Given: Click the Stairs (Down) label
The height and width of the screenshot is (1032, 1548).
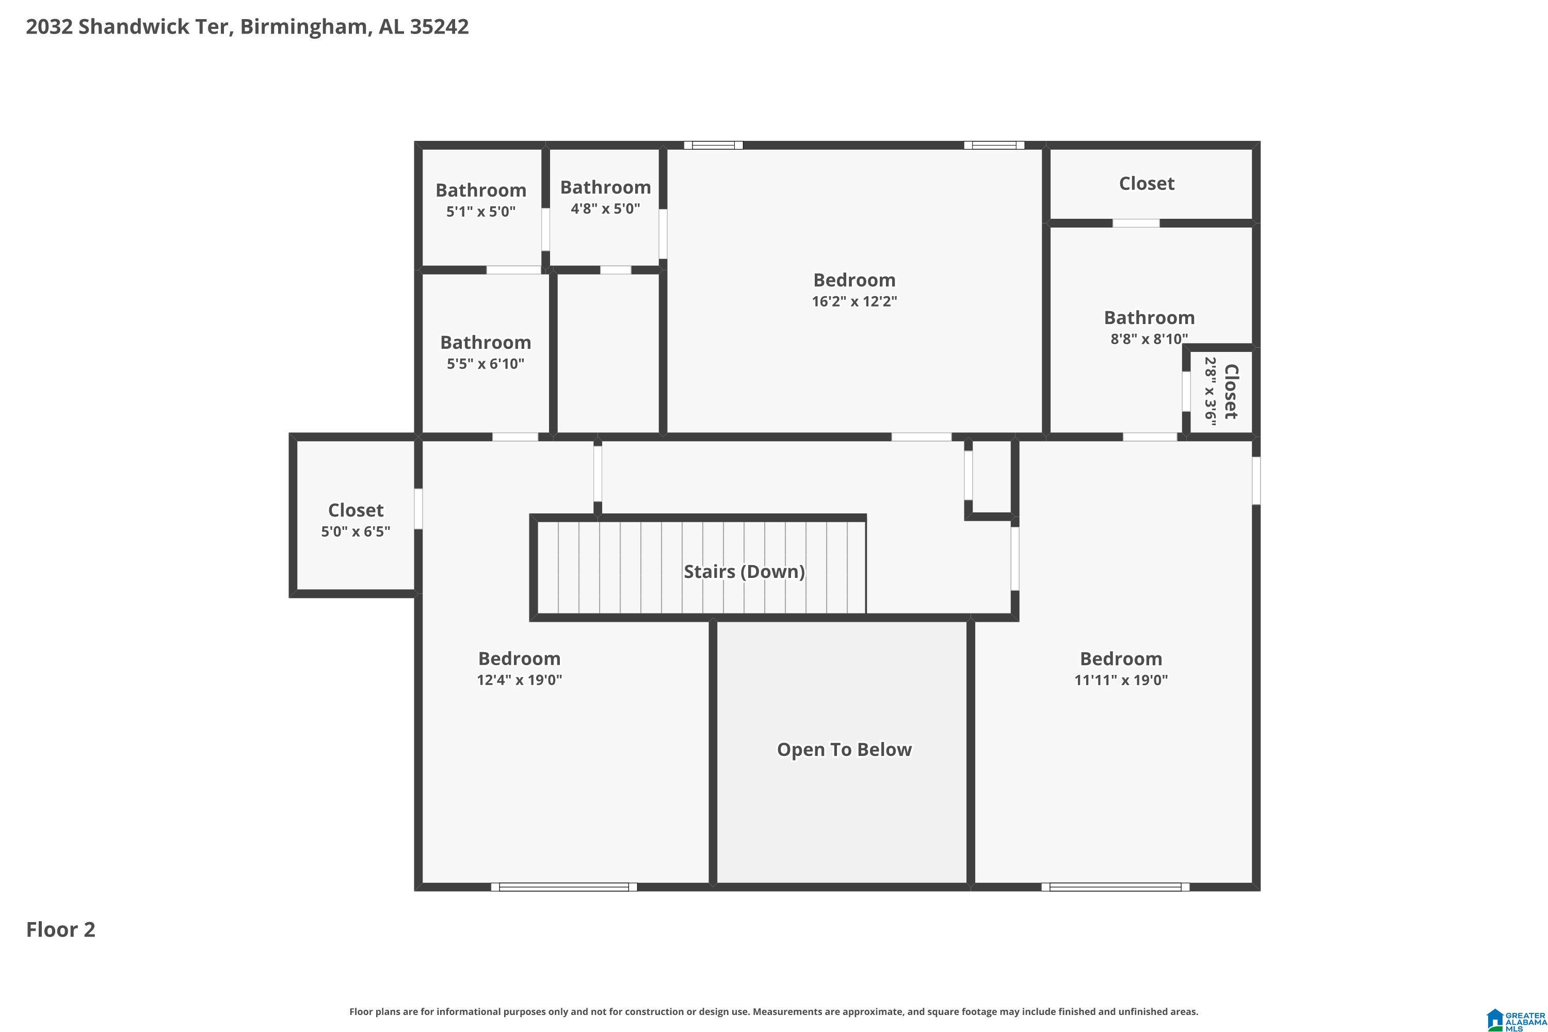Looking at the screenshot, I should pyautogui.click(x=744, y=571).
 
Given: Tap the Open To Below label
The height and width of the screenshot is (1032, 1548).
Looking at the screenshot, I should pyautogui.click(x=844, y=750).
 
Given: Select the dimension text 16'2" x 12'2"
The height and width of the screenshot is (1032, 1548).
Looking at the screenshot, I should pyautogui.click(x=854, y=301).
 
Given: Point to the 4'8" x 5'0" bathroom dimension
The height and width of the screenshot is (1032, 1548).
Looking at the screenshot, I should pyautogui.click(x=605, y=208).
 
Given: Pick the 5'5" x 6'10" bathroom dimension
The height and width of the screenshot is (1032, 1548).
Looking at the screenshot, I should pyautogui.click(x=485, y=364).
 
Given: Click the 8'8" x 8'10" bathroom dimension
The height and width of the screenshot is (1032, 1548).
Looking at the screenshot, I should pyautogui.click(x=1149, y=339).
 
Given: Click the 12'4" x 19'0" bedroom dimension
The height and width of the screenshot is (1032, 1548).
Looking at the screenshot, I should pyautogui.click(x=519, y=680).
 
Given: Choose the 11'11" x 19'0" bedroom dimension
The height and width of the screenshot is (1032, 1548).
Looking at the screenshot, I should pyautogui.click(x=1121, y=680).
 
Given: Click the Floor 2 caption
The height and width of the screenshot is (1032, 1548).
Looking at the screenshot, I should pyautogui.click(x=60, y=929).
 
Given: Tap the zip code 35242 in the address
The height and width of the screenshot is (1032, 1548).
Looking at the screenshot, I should pyautogui.click(x=439, y=26).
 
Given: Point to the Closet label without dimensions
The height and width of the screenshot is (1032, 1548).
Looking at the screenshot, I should pyautogui.click(x=1146, y=184).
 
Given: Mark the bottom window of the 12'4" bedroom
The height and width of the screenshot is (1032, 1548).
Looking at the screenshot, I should pyautogui.click(x=564, y=886).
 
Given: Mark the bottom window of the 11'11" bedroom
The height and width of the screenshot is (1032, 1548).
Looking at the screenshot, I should pyautogui.click(x=1115, y=886).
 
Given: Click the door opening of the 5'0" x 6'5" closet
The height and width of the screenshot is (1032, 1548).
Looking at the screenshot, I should pyautogui.click(x=418, y=508).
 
